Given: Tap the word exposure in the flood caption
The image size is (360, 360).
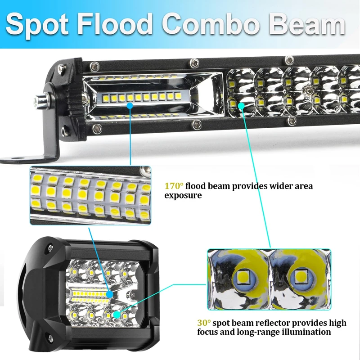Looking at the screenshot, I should (x=183, y=196).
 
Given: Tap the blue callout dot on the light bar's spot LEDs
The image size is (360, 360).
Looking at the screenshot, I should (x=242, y=106).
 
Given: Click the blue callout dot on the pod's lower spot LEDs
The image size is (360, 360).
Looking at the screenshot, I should (x=118, y=315).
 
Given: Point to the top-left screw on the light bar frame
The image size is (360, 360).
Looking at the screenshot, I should (x=94, y=66).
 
